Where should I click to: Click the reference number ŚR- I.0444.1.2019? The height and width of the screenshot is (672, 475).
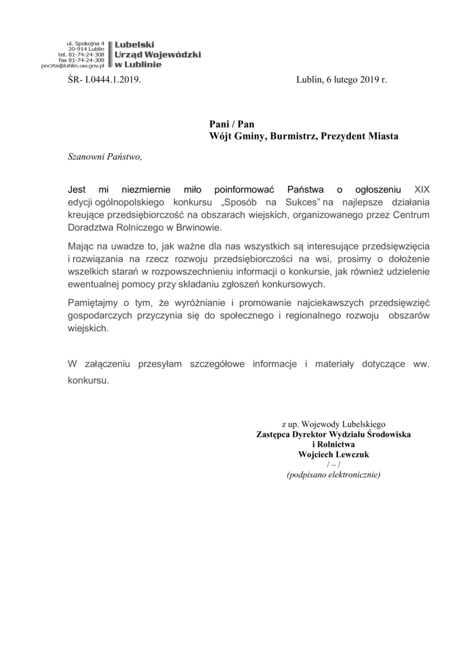point(105,79)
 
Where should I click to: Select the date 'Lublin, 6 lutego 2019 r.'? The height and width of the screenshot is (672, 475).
point(341,79)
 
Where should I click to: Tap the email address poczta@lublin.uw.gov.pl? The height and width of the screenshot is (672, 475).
point(73,66)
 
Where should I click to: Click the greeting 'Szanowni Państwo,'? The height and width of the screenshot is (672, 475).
point(105,157)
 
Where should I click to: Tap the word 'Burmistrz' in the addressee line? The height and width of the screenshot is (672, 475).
point(295,136)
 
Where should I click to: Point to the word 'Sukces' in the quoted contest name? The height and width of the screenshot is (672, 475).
point(303,203)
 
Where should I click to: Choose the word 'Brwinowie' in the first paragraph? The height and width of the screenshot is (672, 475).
point(206,228)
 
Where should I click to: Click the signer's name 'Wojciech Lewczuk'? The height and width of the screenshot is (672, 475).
point(333,455)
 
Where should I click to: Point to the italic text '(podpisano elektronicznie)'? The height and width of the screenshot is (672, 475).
point(333,475)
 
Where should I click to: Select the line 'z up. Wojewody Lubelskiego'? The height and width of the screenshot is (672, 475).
point(333,424)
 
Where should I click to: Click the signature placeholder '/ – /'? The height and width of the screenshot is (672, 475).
point(333,465)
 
